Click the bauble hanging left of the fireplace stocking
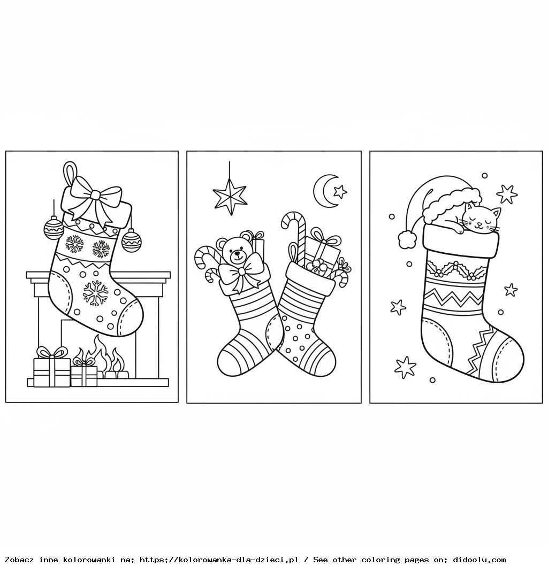click(54, 227)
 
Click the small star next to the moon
click(340, 191)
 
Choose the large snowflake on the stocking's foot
click(96, 293)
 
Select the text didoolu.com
click(479, 560)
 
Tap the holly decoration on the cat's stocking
click(454, 270)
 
